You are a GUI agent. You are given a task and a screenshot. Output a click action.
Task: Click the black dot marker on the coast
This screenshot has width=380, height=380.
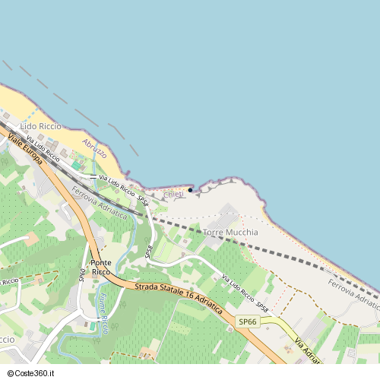(x=190, y=190)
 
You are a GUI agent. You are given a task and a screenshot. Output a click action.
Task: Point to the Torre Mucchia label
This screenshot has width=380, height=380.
(x=231, y=232)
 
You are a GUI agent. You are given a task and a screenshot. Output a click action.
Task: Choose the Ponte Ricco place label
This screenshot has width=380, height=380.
(x=101, y=267)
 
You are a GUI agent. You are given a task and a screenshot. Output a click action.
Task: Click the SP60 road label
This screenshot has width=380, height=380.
(x=82, y=275)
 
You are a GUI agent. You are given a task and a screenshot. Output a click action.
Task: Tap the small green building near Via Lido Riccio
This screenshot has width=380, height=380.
(x=78, y=165)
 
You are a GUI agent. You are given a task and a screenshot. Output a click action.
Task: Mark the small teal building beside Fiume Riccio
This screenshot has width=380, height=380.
(x=93, y=326)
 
